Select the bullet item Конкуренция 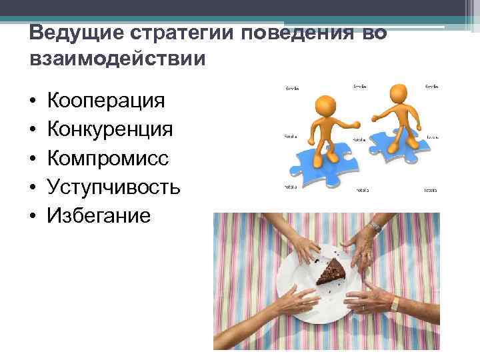(111, 129)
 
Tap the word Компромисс (108, 158)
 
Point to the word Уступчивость (113, 187)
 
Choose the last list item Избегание (99, 215)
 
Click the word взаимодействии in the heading (118, 59)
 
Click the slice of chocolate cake (332, 272)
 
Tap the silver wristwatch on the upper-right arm (375, 227)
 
